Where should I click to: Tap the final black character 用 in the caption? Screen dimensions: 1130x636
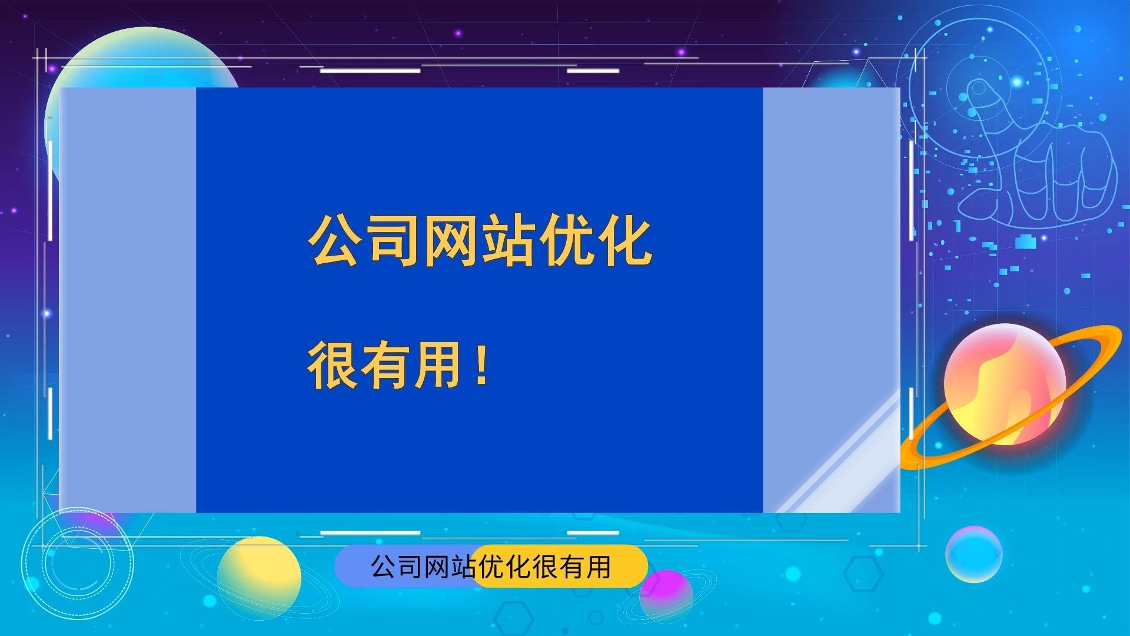(598, 567)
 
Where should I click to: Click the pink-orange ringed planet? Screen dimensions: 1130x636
(1005, 385)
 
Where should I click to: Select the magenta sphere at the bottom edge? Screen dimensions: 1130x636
(666, 596)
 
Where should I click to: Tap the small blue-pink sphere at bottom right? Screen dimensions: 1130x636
(973, 554)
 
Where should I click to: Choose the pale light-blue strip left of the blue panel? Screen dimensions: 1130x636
(128, 300)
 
